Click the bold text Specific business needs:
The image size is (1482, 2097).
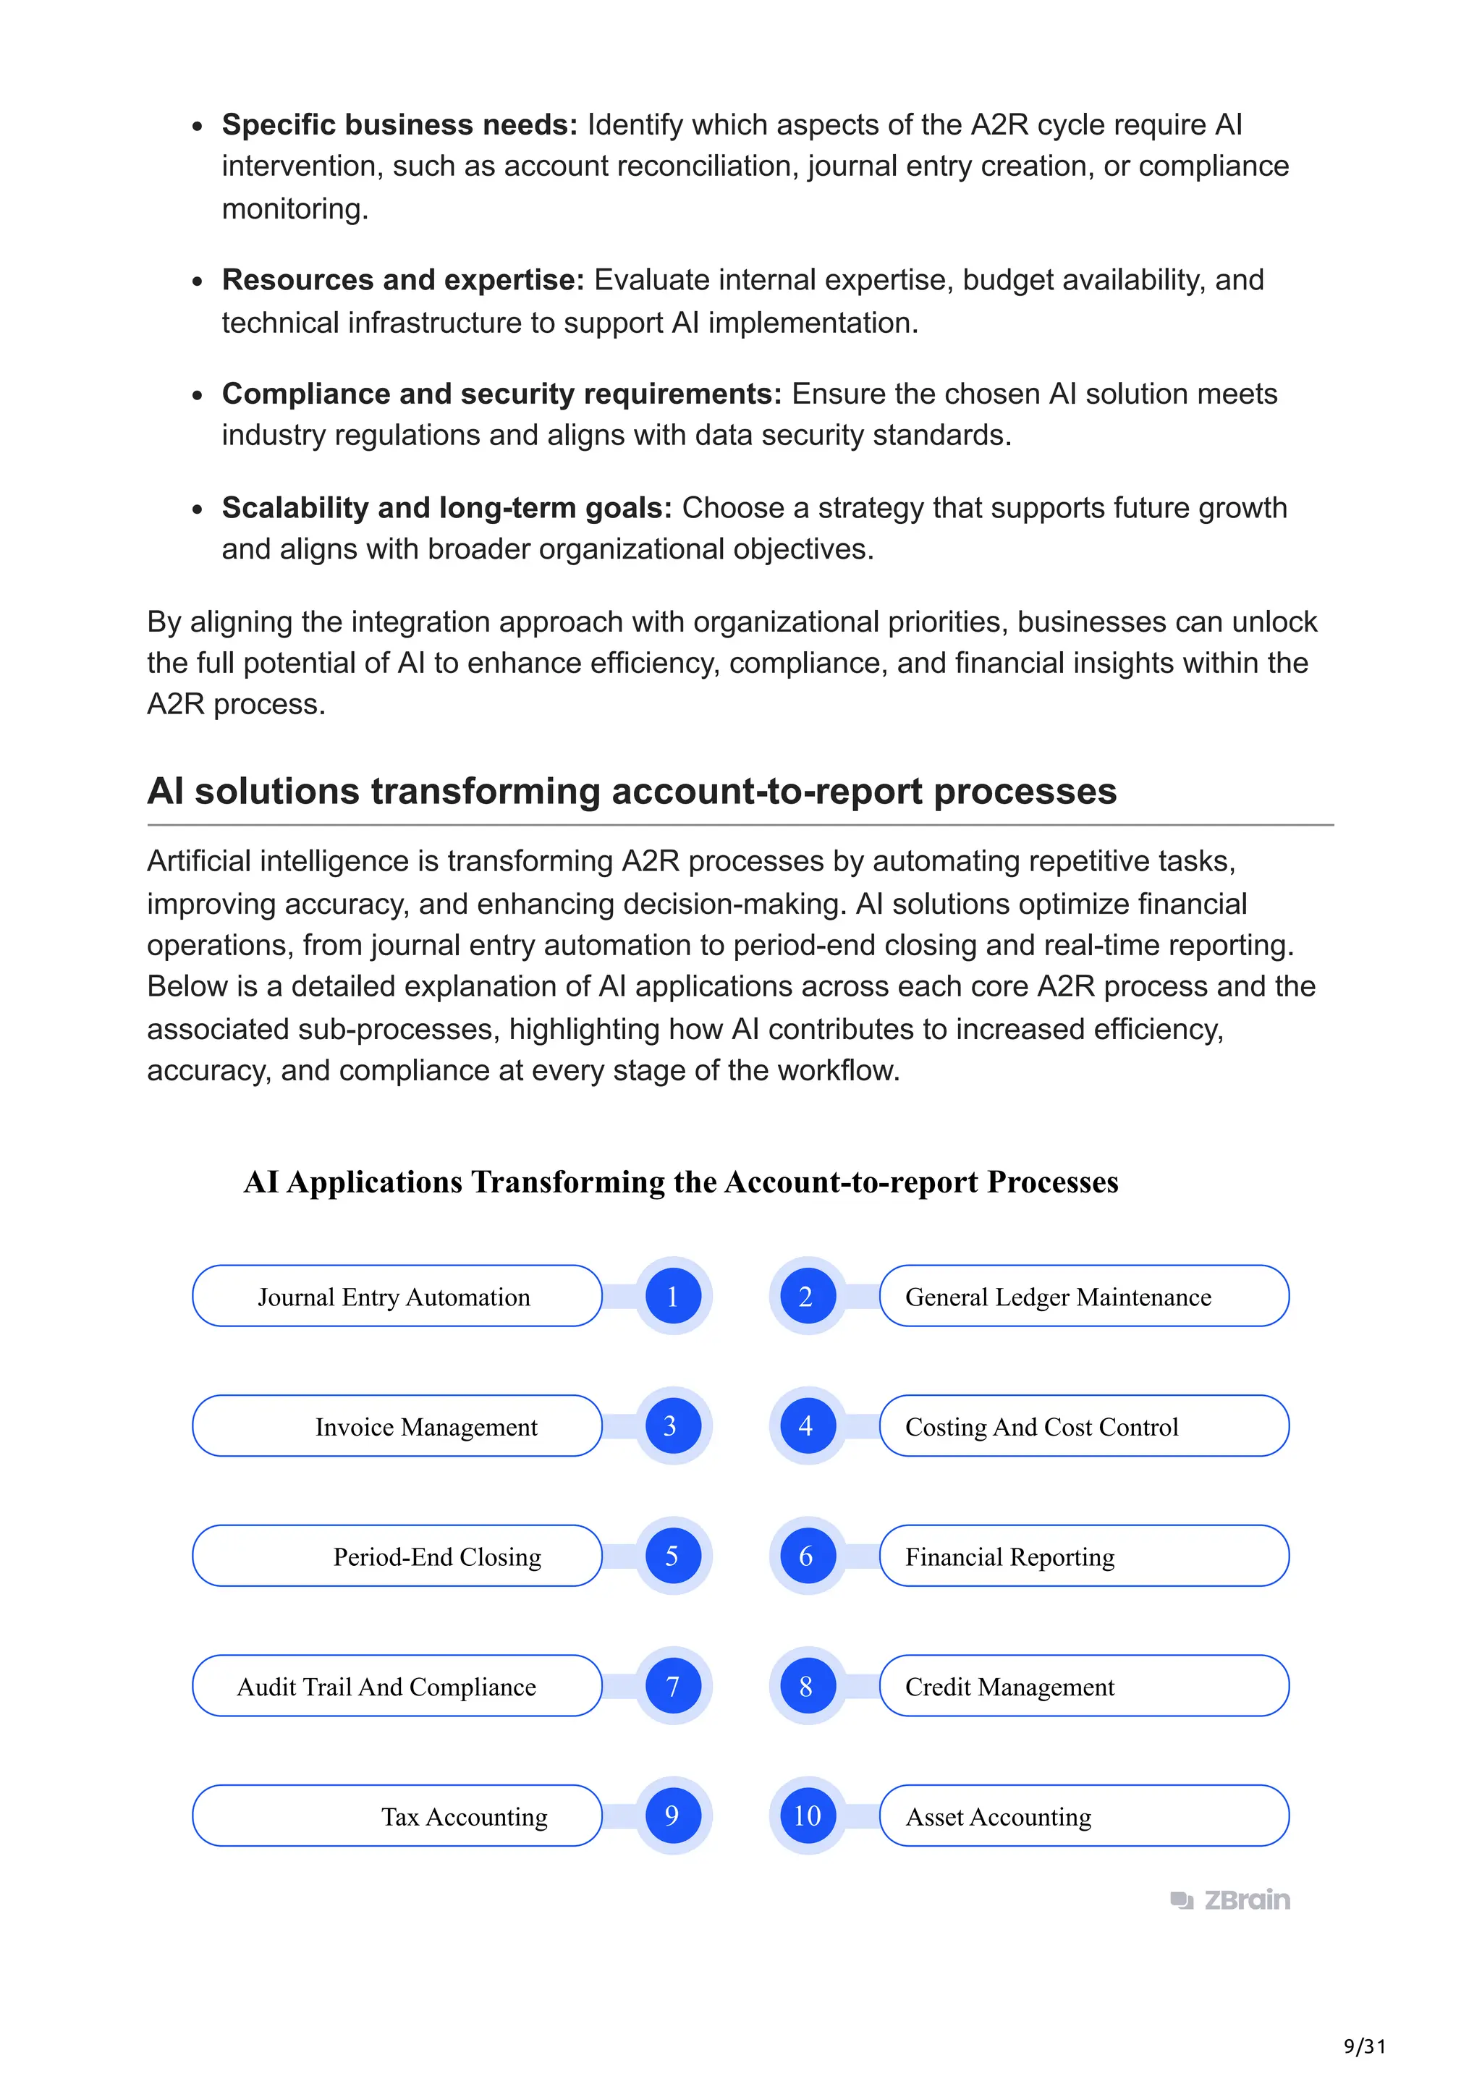point(399,124)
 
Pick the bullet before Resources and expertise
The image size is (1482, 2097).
point(198,282)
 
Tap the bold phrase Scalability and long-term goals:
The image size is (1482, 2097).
point(446,507)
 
